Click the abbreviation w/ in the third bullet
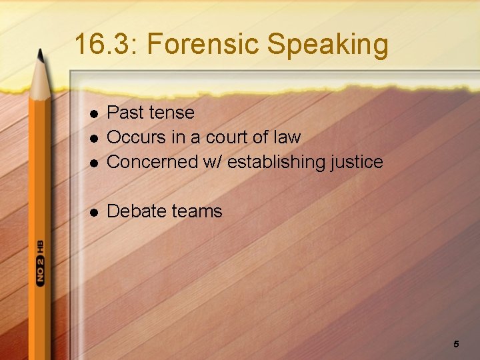pos(215,161)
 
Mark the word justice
pos(361,162)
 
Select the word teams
pos(197,211)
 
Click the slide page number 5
pos(456,344)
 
